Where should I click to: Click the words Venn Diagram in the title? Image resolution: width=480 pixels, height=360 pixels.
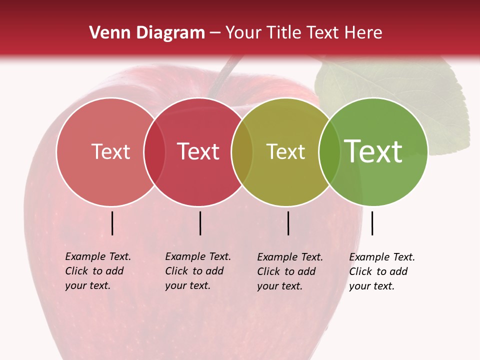[147, 33]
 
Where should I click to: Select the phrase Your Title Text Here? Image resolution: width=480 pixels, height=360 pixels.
[303, 33]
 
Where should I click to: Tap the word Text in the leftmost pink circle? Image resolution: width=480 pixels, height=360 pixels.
[110, 151]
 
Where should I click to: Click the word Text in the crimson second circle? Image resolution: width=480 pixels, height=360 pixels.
[198, 151]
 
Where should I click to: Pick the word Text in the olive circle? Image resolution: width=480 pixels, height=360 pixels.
[285, 151]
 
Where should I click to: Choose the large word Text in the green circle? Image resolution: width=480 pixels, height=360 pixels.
[373, 151]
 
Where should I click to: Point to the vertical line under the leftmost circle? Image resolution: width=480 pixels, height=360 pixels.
[112, 223]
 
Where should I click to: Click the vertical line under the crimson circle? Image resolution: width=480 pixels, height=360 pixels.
[200, 223]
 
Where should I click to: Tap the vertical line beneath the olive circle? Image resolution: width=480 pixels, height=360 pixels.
[288, 223]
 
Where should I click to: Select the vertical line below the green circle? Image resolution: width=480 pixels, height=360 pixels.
[372, 223]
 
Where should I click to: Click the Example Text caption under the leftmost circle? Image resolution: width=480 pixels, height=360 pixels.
[97, 271]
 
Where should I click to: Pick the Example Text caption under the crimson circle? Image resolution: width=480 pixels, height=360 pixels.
[197, 271]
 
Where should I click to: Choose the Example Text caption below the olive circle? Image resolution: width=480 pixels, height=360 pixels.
[289, 271]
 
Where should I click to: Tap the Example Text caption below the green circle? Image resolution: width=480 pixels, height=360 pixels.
[381, 271]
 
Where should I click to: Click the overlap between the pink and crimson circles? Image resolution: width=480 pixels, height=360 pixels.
[154, 151]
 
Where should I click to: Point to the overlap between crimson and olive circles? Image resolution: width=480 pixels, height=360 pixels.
[242, 151]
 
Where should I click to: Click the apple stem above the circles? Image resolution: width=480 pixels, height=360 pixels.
[224, 75]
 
